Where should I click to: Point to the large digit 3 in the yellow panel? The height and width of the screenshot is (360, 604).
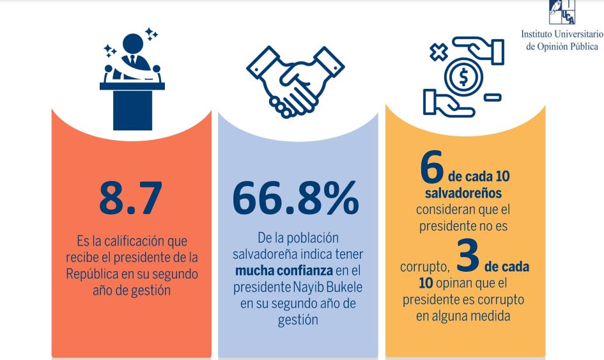tap(469, 254)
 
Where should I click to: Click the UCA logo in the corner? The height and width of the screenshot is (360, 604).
tap(562, 13)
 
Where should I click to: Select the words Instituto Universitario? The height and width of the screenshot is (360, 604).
tap(562, 34)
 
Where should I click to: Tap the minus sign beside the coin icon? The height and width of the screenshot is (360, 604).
tap(492, 98)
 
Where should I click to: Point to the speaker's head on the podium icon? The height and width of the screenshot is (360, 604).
tap(133, 43)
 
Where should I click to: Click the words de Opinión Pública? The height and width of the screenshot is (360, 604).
tap(562, 46)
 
